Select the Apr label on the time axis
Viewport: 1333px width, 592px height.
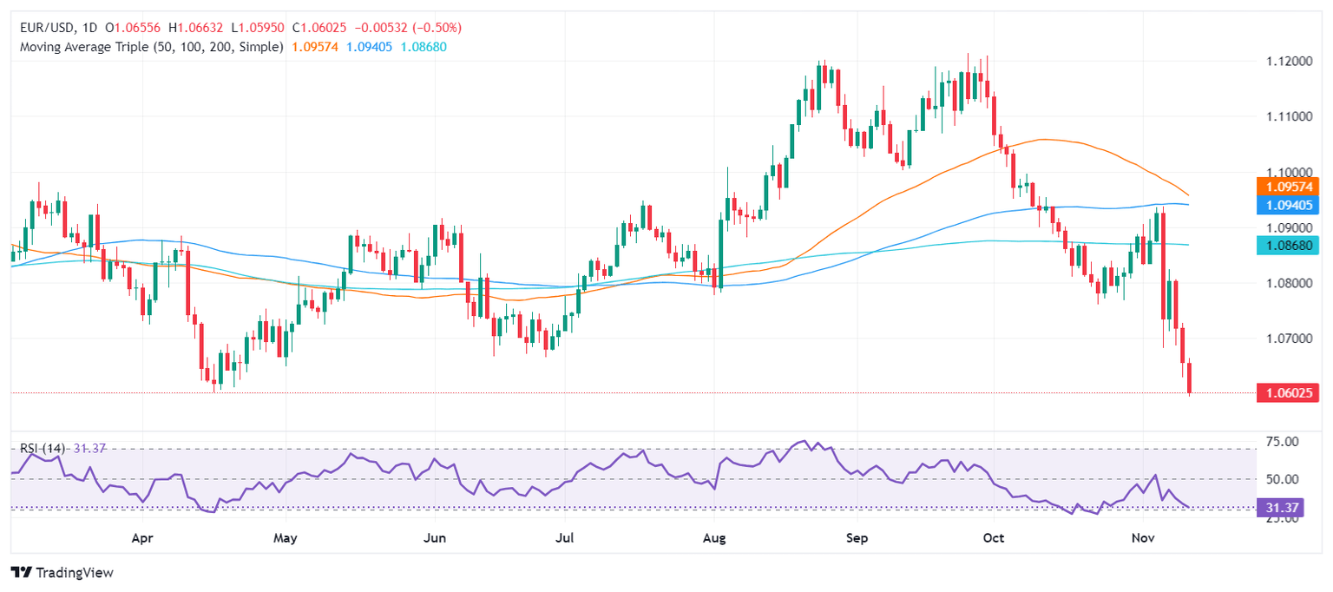pos(142,538)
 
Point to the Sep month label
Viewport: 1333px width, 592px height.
pos(857,538)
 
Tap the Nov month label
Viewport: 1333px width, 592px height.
pos(1142,538)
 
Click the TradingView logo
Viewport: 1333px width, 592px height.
pos(62,573)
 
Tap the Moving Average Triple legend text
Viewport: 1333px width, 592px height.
pos(151,46)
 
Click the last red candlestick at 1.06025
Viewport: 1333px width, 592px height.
pos(1190,378)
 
